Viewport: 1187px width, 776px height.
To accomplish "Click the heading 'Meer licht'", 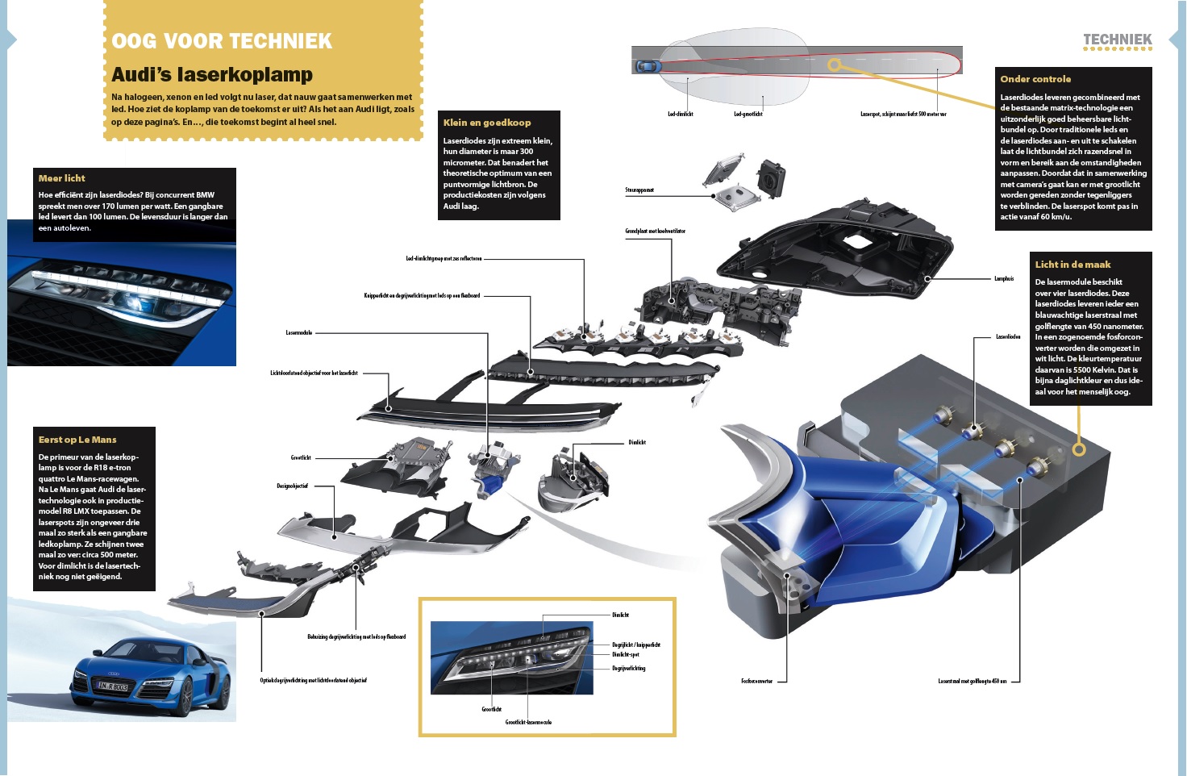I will click(62, 178).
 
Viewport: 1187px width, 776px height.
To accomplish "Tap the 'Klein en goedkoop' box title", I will click(487, 123).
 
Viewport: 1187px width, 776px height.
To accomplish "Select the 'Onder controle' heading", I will click(1035, 79).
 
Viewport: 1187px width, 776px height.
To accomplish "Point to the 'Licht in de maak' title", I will click(1072, 265).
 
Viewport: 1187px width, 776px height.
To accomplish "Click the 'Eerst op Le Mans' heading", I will click(77, 440).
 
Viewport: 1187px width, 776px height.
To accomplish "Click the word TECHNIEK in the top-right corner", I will click(1117, 40).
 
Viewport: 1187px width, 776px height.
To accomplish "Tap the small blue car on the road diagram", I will click(648, 66).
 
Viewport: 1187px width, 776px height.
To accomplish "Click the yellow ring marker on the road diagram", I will click(835, 65).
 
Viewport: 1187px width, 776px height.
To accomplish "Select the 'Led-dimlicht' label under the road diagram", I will click(680, 115).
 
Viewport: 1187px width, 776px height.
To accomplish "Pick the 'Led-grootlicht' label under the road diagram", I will click(748, 115).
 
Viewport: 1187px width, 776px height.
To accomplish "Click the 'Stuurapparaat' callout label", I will click(639, 190).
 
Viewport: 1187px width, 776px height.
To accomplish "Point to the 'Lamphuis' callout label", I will click(1004, 279).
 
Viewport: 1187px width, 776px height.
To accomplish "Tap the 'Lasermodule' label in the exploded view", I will click(298, 332).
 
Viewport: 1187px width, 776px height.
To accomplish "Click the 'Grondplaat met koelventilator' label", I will click(655, 232).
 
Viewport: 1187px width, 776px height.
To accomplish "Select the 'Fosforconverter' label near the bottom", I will click(756, 682).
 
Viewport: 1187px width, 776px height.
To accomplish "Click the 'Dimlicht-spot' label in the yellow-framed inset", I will click(625, 655).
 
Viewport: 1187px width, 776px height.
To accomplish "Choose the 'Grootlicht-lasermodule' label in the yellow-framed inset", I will click(528, 723).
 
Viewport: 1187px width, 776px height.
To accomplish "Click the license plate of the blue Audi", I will click(113, 686).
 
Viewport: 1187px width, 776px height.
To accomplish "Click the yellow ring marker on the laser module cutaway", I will click(1079, 449).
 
